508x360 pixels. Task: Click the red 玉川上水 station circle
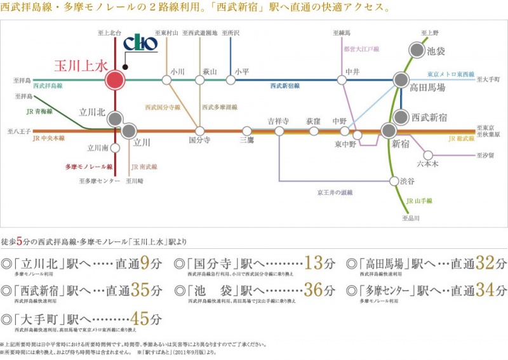114,80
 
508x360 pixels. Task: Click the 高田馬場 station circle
401,80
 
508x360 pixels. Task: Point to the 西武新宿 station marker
401,117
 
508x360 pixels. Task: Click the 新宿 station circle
389,131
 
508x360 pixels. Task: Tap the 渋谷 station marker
393,181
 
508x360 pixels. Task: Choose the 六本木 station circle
429,155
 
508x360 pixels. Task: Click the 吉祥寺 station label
278,121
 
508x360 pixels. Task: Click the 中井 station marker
342,80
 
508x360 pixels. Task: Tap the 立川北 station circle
114,119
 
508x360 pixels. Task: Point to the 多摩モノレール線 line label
89,167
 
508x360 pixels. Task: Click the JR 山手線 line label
419,201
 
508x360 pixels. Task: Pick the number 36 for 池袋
314,290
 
